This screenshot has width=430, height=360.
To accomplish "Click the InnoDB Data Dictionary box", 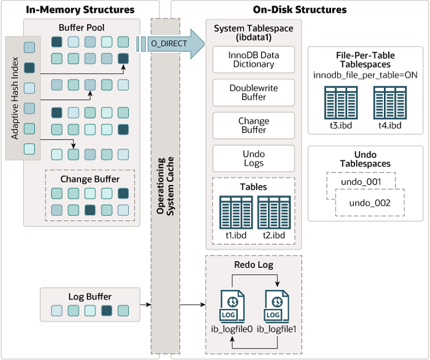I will pos(253,60).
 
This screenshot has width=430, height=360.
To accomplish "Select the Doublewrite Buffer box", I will pos(253,92).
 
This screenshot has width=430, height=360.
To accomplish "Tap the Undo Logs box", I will pos(253,158).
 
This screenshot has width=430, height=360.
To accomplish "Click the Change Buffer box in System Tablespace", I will pos(253,125).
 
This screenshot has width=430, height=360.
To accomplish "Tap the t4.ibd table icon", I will pos(389,102).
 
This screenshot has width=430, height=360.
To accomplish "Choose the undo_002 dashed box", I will pos(369,203).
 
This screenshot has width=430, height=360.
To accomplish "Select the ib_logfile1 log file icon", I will pos(278,307).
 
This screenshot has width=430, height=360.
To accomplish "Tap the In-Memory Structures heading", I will pos(80,10).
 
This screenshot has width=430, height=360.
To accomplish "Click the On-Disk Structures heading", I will pos(299,10).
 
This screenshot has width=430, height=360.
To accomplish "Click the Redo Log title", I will pos(254,265).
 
